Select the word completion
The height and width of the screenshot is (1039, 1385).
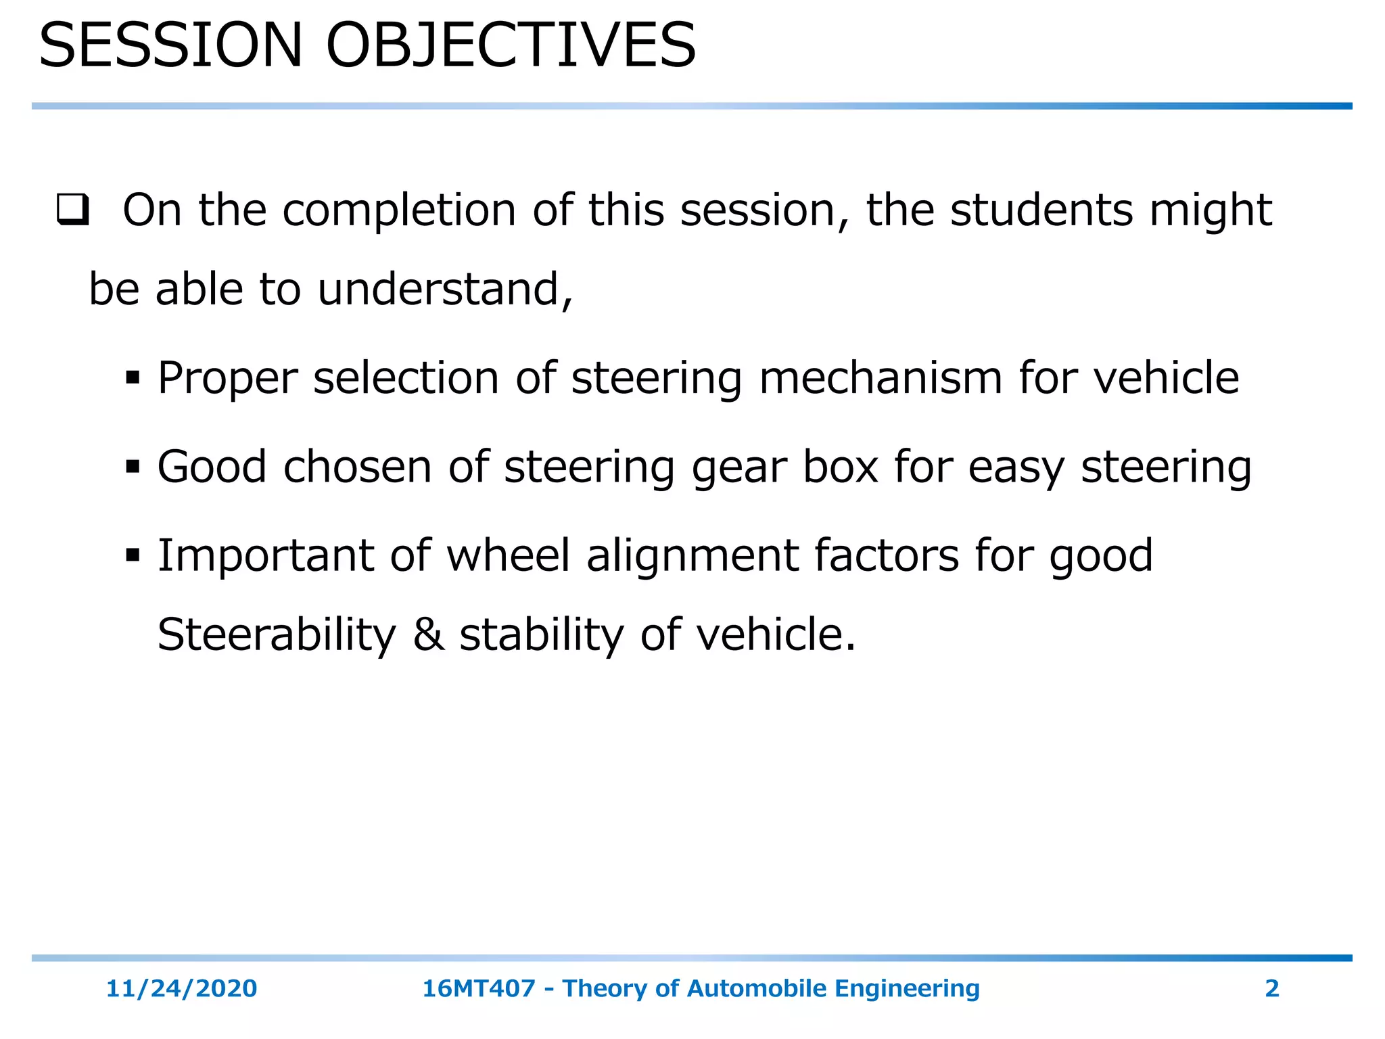click(x=399, y=211)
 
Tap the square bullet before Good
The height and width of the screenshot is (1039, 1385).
click(x=133, y=467)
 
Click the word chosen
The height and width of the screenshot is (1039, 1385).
click(x=357, y=467)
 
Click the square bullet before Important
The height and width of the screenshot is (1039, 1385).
click(x=133, y=556)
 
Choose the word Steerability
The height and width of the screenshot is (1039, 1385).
click(x=277, y=636)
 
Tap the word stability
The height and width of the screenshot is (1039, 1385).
click(x=542, y=636)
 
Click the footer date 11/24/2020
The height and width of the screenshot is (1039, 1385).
click(x=181, y=989)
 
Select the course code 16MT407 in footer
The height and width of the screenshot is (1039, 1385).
click(x=479, y=989)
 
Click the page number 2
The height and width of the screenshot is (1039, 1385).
click(x=1271, y=989)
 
